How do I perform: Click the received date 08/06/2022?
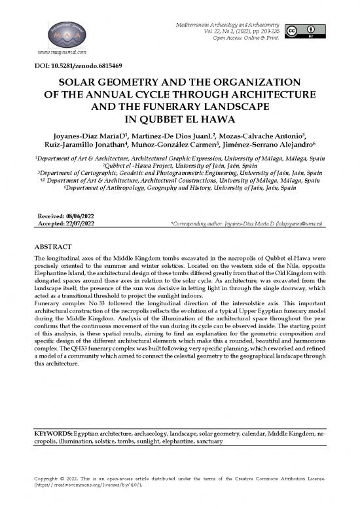75,216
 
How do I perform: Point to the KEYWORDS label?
54,434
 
